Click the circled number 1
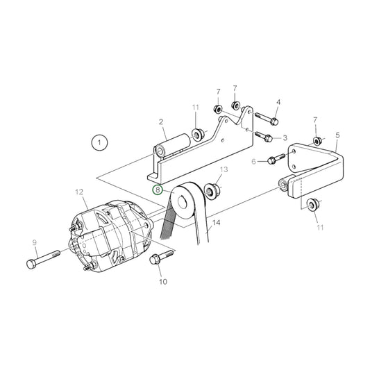coord(100,144)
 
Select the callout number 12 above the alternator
coord(78,192)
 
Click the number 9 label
coord(33,242)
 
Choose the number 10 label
coord(164,282)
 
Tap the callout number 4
coord(278,102)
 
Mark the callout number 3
coord(285,138)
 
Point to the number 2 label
coord(161,122)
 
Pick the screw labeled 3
coord(264,137)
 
